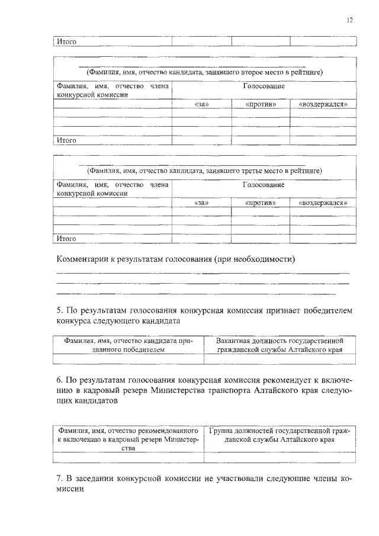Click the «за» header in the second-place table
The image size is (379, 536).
click(x=202, y=105)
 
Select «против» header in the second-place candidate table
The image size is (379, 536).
click(x=261, y=105)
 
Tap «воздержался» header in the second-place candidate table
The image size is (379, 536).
click(x=323, y=105)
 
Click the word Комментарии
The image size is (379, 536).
click(x=83, y=259)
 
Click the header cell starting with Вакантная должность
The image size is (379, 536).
click(x=280, y=345)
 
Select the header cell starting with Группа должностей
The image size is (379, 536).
click(x=280, y=435)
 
